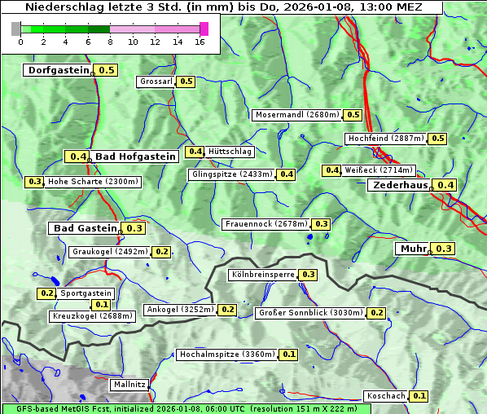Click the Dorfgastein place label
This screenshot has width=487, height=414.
coord(58,70)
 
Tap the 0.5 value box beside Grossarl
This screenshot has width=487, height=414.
coord(186,81)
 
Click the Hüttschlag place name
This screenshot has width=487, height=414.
coord(230,152)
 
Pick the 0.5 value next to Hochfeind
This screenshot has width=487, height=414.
coord(437,139)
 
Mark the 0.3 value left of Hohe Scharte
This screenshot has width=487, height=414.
coord(34,182)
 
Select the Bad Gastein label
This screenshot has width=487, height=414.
coord(85,228)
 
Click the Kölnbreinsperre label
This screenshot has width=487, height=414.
coord(263,275)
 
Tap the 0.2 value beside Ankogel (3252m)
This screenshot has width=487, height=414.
coord(227,310)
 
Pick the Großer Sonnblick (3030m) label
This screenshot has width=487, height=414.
coord(310,313)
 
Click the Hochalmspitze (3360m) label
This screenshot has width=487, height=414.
coord(227,355)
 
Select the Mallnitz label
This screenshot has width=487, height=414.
coord(129,384)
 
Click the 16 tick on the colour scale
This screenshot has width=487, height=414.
coord(199,42)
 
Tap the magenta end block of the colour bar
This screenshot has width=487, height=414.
coord(204,29)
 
